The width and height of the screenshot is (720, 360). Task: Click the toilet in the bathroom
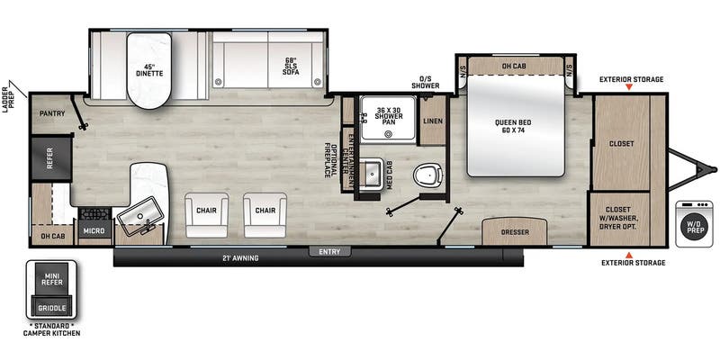(x=427, y=175)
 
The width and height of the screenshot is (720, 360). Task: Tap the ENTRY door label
(x=329, y=252)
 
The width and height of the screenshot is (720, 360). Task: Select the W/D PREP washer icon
(x=694, y=224)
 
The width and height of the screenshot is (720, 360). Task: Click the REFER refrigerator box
(x=51, y=158)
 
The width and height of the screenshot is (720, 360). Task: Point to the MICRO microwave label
(x=95, y=230)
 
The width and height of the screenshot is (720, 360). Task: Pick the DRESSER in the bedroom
(x=515, y=231)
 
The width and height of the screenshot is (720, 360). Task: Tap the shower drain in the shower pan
(x=390, y=134)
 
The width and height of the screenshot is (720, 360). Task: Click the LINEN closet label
(x=433, y=121)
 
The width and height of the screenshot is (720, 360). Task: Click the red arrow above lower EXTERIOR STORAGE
(x=629, y=255)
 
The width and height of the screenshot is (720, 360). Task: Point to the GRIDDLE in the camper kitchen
(x=51, y=308)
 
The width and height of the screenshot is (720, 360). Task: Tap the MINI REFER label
(x=51, y=279)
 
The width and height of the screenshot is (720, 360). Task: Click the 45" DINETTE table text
(x=149, y=69)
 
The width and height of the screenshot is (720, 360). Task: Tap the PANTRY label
(x=52, y=113)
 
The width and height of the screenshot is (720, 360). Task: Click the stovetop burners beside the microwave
(x=95, y=214)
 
